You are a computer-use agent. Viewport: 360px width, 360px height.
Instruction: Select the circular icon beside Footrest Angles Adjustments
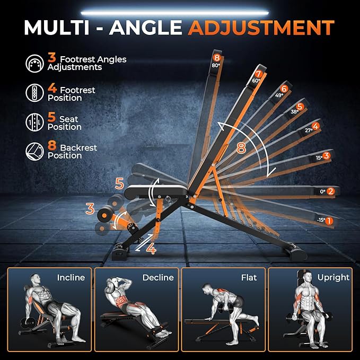34,64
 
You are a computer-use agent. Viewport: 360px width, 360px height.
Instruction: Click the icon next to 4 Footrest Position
34,94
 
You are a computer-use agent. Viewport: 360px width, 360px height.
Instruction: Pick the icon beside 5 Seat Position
34,123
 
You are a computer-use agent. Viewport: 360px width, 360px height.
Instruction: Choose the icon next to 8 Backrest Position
34,152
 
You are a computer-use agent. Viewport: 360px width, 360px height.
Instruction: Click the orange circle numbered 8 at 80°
216,57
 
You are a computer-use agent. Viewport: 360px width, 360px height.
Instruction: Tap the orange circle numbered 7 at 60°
258,74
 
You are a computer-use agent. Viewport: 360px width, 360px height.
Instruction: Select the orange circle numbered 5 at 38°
300,107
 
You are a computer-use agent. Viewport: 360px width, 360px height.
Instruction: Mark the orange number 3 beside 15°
327,156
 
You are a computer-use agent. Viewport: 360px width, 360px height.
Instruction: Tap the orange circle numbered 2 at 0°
330,191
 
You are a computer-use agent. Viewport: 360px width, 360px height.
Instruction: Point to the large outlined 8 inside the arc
241,148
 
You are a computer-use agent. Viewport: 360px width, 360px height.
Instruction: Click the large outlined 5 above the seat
120,184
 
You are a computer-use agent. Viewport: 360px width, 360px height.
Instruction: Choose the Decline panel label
157,277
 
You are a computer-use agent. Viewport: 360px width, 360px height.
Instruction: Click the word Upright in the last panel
333,277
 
